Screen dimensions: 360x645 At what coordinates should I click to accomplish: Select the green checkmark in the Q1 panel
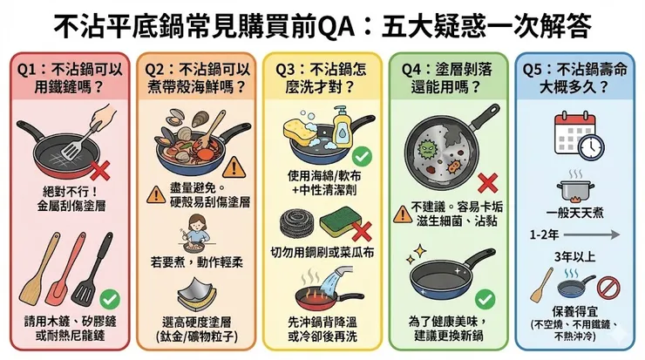coord(110,297)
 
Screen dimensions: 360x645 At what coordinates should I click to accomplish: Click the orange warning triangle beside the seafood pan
coord(233,167)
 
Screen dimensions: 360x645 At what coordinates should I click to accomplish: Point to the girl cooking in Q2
coord(192,235)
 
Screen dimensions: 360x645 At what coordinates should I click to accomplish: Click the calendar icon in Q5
coord(571,130)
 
